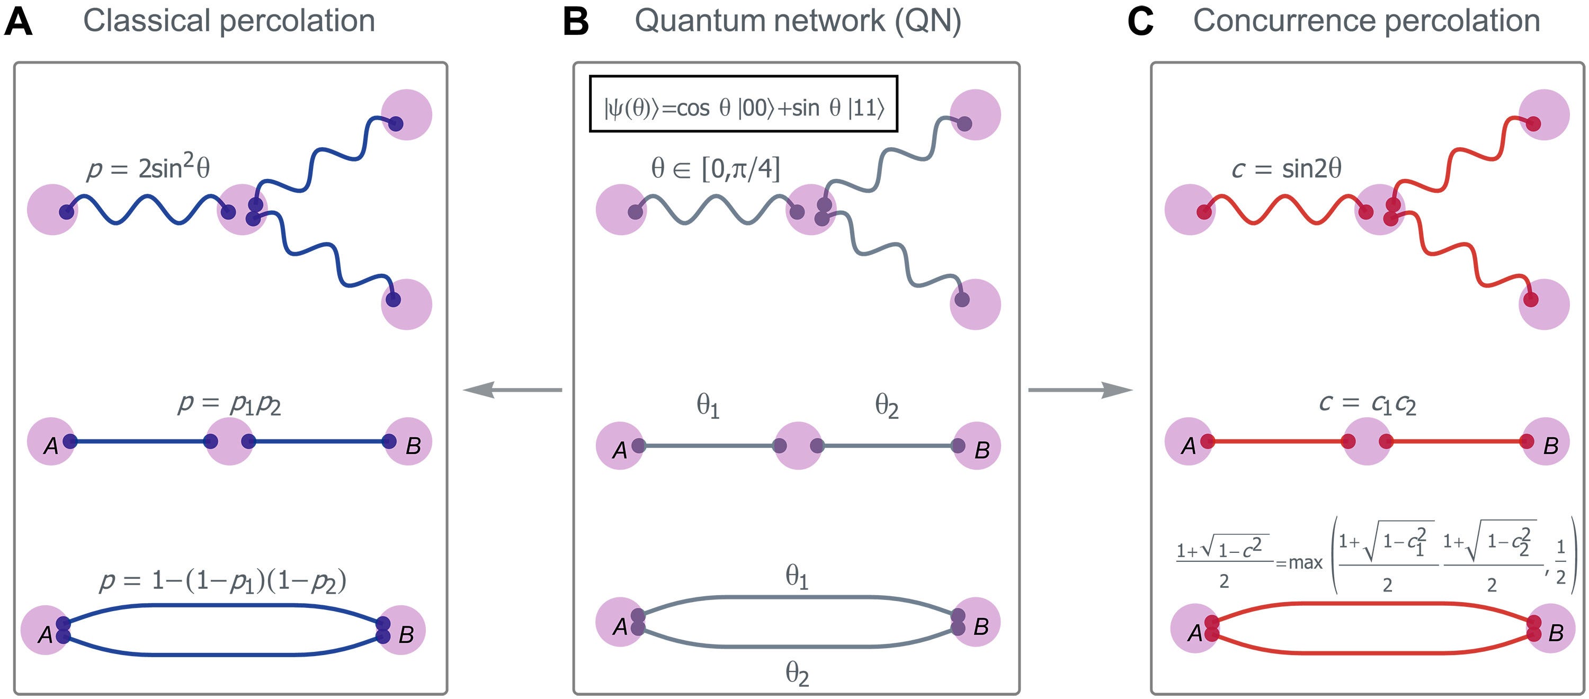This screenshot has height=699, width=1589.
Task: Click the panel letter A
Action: coord(18,22)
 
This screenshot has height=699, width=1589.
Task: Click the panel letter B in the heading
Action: coord(576,22)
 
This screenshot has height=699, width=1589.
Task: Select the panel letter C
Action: coord(1140,22)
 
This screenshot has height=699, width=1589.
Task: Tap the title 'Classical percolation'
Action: coord(229,21)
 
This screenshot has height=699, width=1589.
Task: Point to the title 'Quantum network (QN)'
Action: coord(798,22)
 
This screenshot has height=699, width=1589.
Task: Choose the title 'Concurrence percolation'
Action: coord(1367,21)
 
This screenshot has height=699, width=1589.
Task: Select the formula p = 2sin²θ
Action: coord(148,167)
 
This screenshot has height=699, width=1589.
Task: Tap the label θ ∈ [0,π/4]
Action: coord(716,168)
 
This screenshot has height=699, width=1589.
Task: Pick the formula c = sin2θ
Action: coord(1286,168)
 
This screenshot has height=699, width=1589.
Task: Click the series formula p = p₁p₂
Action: coord(229,404)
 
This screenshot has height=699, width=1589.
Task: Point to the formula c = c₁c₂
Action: coord(1368,404)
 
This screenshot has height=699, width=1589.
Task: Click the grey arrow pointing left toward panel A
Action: coord(513,390)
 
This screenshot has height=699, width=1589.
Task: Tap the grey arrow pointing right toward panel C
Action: coord(1080,390)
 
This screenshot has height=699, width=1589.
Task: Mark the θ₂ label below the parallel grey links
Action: coord(797,673)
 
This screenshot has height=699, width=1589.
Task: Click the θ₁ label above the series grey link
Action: coord(708,406)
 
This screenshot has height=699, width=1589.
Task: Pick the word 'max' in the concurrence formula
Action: coord(1305,563)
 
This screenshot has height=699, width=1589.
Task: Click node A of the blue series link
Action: coord(52,442)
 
